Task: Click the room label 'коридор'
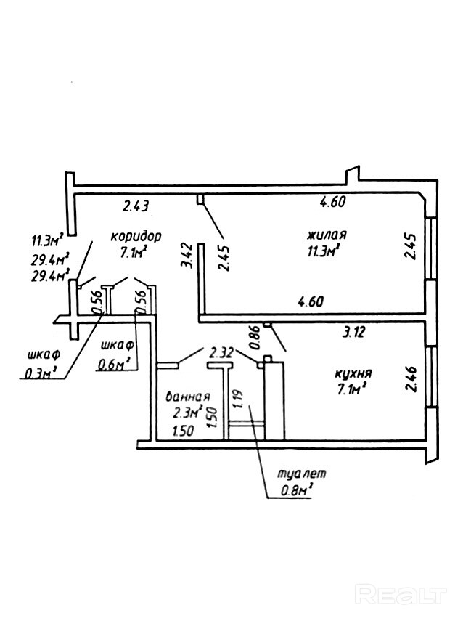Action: [x=136, y=236]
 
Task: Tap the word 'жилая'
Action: [x=327, y=235]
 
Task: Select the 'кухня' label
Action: [x=353, y=374]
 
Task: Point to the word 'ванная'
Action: [x=187, y=397]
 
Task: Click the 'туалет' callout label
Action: [x=302, y=474]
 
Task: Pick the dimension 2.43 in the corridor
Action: [x=136, y=206]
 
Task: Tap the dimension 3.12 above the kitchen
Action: [x=353, y=332]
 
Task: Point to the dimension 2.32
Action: [x=222, y=352]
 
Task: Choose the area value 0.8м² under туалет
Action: [x=295, y=490]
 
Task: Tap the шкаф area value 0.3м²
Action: [x=41, y=373]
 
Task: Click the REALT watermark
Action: [x=401, y=595]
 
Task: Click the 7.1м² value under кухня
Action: [x=353, y=389]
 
